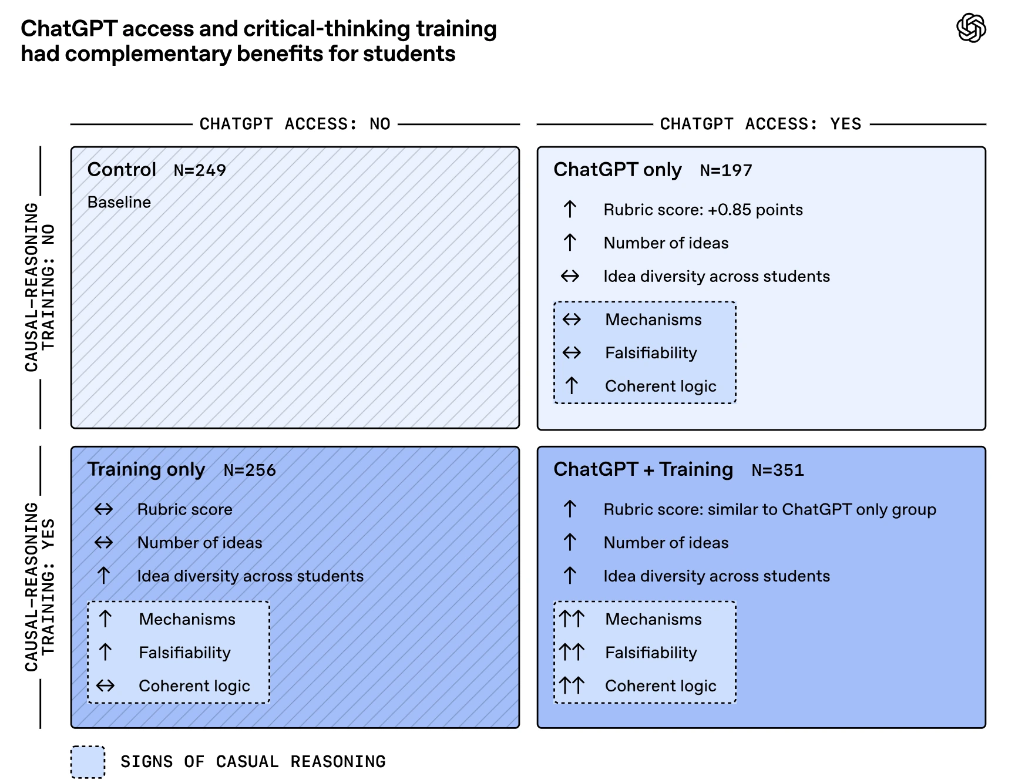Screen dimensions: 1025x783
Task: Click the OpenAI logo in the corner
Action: point(971,28)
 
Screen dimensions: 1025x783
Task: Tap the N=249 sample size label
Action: point(200,170)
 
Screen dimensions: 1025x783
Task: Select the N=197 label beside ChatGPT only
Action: point(726,170)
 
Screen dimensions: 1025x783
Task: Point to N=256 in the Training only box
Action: point(250,470)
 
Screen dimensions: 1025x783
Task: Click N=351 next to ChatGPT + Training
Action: point(778,470)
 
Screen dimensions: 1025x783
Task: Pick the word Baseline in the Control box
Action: point(119,202)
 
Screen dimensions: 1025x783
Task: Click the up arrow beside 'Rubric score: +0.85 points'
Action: point(570,209)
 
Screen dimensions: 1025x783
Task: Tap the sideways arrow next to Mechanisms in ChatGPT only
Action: point(572,319)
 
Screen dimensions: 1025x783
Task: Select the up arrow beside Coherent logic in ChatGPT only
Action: point(572,385)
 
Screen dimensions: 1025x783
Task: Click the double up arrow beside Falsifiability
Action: point(572,652)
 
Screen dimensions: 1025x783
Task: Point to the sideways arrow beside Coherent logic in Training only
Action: point(105,685)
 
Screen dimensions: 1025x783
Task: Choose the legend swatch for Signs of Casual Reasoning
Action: point(88,762)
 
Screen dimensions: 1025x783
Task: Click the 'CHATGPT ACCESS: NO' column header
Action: point(295,124)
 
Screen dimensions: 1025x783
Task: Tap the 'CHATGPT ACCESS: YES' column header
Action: point(761,124)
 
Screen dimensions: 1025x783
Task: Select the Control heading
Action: point(122,169)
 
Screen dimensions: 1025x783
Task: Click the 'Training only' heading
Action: point(146,469)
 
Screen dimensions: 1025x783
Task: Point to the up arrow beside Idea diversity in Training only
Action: point(103,576)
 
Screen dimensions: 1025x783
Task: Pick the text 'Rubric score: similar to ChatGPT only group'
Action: point(769,509)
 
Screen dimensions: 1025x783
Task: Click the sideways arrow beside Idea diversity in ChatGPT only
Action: point(570,275)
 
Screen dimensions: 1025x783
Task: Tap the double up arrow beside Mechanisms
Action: point(572,619)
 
